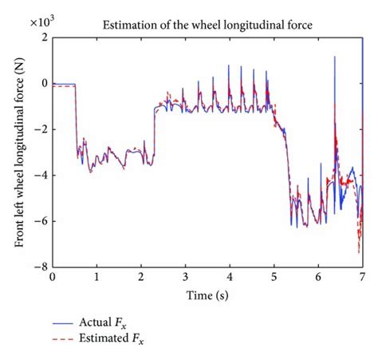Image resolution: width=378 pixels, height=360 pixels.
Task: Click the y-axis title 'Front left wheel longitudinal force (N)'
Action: pos(21,152)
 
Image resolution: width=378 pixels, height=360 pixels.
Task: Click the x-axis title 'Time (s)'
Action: pos(208,295)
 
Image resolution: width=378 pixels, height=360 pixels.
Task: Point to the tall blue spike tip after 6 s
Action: pos(334,57)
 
